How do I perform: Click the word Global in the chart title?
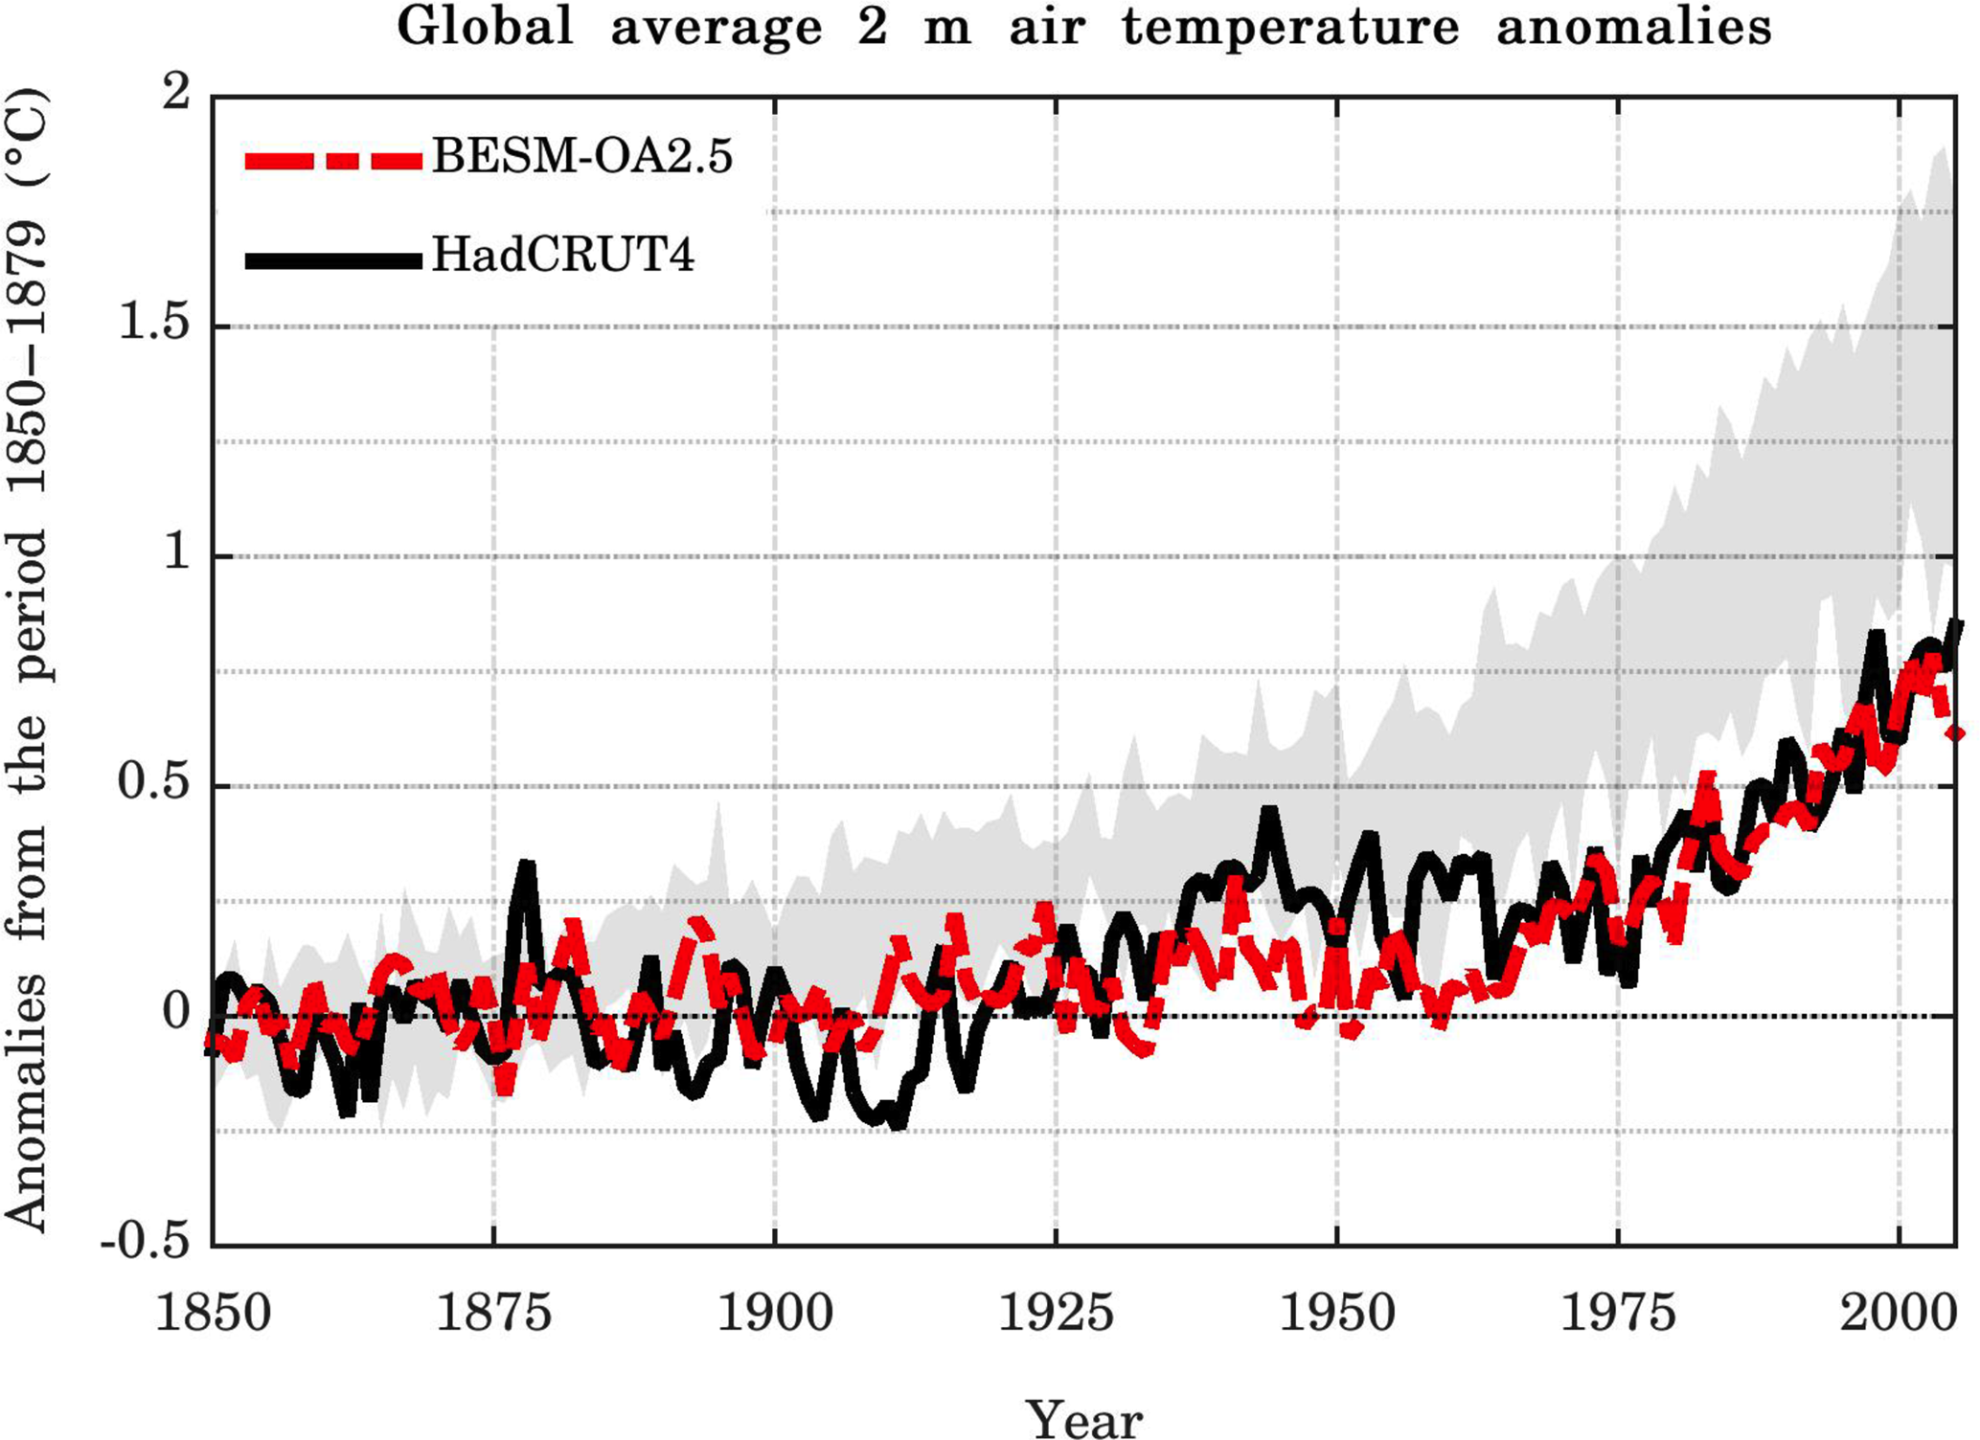(x=485, y=27)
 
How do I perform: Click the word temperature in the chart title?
(x=1290, y=27)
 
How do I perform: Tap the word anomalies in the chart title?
(x=1633, y=27)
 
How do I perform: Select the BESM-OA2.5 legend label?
(x=582, y=156)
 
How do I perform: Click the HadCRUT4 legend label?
(x=563, y=256)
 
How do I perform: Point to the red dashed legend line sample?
(x=332, y=160)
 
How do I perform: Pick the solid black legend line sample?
(x=332, y=259)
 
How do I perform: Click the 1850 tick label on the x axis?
(x=213, y=1312)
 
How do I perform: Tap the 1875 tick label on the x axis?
(x=493, y=1312)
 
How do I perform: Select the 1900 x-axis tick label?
(x=775, y=1312)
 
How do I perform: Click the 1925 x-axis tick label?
(x=1056, y=1312)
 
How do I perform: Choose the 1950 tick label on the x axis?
(x=1337, y=1312)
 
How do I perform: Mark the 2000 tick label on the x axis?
(x=1899, y=1312)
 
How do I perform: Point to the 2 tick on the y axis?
(x=176, y=95)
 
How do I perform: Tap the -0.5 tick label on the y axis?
(x=146, y=1244)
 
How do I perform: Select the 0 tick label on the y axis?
(x=176, y=1014)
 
